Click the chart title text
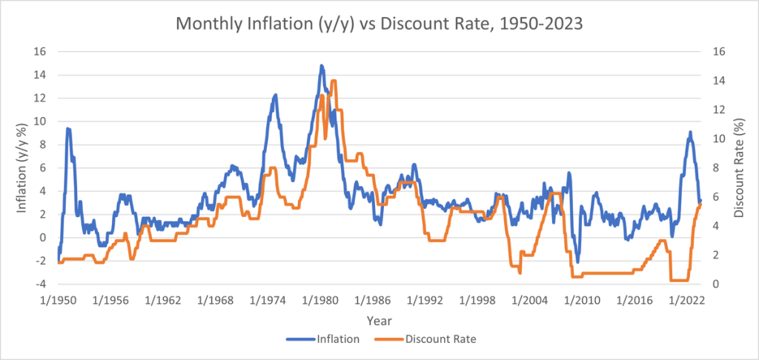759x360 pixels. (x=379, y=23)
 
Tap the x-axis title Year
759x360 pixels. (x=379, y=321)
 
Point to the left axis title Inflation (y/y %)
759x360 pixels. (x=22, y=167)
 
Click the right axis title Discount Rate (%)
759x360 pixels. (x=738, y=167)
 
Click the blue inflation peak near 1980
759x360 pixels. (x=322, y=66)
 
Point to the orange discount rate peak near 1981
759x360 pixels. (x=334, y=81)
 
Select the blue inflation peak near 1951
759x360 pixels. (x=68, y=129)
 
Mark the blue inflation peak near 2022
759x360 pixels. (x=690, y=133)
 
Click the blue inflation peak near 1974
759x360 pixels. (x=275, y=95)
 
